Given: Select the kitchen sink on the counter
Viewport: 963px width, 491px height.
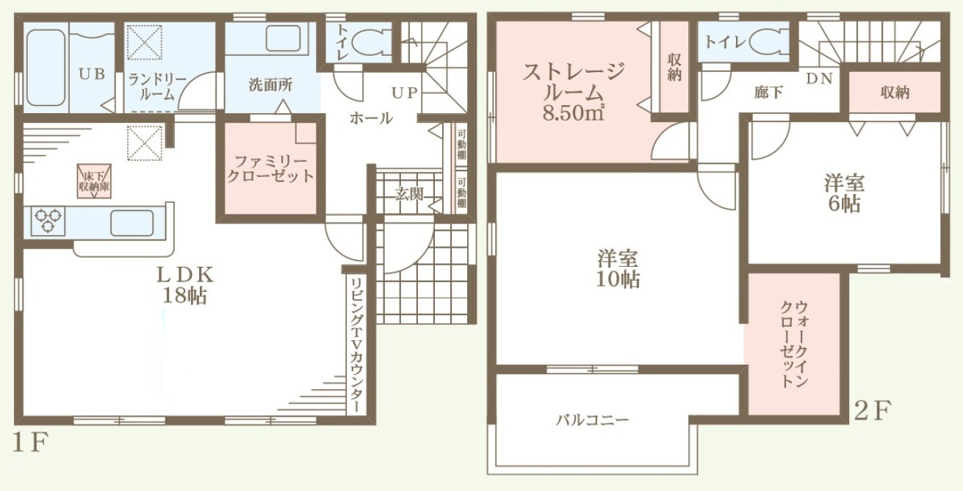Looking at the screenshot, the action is click(132, 223).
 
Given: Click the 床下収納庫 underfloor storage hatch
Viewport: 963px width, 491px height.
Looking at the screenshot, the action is click(94, 181).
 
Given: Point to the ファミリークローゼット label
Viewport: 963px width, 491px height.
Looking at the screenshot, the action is click(270, 169).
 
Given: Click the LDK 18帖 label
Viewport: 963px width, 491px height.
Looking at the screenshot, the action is click(185, 284).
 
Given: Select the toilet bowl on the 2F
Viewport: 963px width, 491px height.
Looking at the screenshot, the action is click(770, 42).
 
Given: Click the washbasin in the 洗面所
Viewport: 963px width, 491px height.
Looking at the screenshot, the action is click(283, 38).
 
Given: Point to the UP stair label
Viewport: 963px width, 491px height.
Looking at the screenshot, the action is click(404, 93).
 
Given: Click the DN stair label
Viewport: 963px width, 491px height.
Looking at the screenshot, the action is click(819, 79).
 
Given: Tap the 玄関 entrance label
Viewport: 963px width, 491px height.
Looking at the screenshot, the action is click(409, 195).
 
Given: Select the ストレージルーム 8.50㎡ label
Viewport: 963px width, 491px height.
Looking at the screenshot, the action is click(574, 92).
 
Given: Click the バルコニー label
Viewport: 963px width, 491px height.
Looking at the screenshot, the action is click(592, 420).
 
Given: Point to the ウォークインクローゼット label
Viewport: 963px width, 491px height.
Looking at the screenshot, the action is click(795, 345).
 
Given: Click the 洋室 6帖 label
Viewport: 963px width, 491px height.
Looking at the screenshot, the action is click(844, 193).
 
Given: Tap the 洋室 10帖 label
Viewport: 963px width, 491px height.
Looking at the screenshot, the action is click(618, 269).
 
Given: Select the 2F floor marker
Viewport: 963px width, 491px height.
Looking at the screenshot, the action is click(873, 410).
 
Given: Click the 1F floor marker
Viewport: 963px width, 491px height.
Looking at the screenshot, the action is click(30, 442).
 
